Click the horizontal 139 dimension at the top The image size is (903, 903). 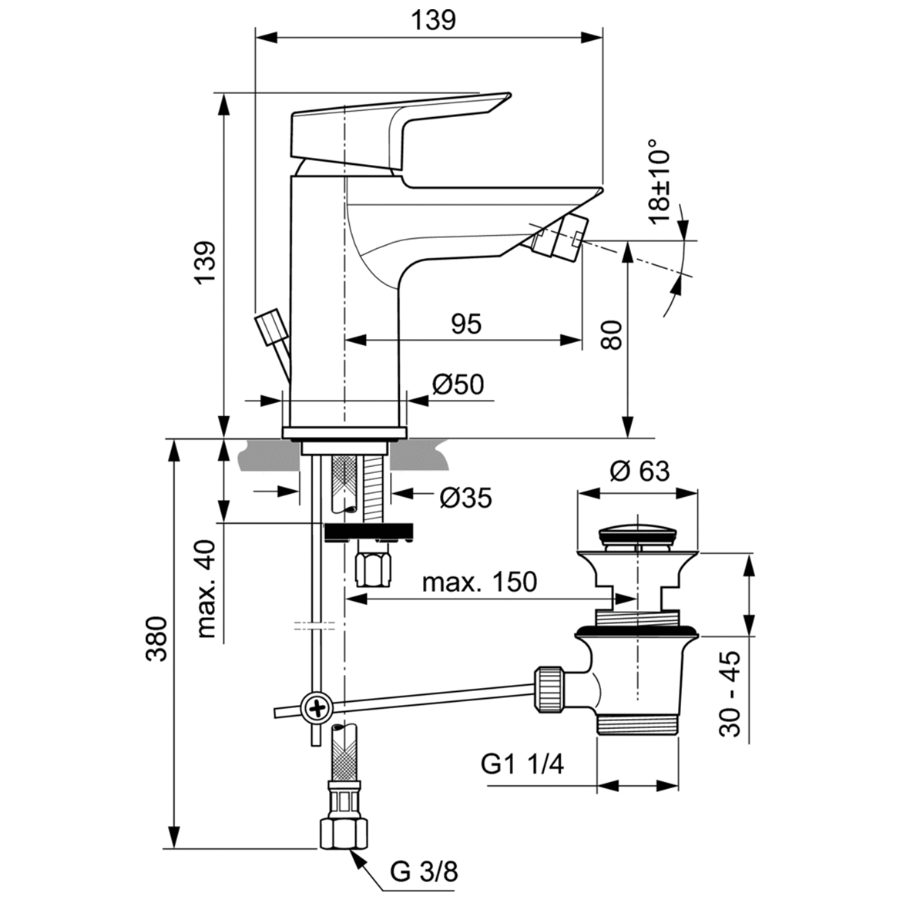[432, 20]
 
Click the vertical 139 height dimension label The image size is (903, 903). [205, 262]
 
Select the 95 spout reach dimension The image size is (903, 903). [465, 324]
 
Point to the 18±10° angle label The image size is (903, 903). [660, 182]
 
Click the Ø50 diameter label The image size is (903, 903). [458, 384]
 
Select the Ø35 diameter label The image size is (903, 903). [465, 498]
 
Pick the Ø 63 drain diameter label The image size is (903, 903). [639, 470]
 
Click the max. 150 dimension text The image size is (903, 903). [479, 582]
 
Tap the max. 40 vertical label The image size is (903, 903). [205, 589]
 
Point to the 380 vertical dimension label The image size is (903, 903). [157, 639]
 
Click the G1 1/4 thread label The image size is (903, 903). [522, 764]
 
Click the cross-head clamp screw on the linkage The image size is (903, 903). [317, 706]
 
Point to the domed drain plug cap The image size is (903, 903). [638, 532]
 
